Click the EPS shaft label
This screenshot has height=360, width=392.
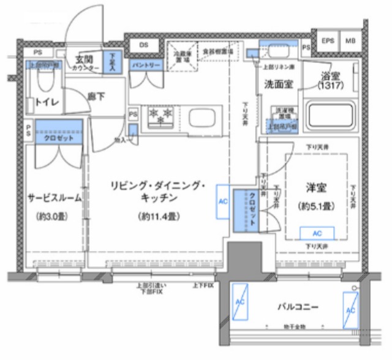[x=329, y=41]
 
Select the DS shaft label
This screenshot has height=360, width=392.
[x=144, y=44]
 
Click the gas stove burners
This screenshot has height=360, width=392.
[x=160, y=115]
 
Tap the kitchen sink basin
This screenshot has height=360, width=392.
[x=200, y=116]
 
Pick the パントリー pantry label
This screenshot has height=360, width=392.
[x=146, y=65]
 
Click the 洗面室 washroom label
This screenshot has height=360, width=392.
[x=276, y=83]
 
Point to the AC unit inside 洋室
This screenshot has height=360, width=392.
[x=318, y=233]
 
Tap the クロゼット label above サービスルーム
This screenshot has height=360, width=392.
[x=58, y=138]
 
